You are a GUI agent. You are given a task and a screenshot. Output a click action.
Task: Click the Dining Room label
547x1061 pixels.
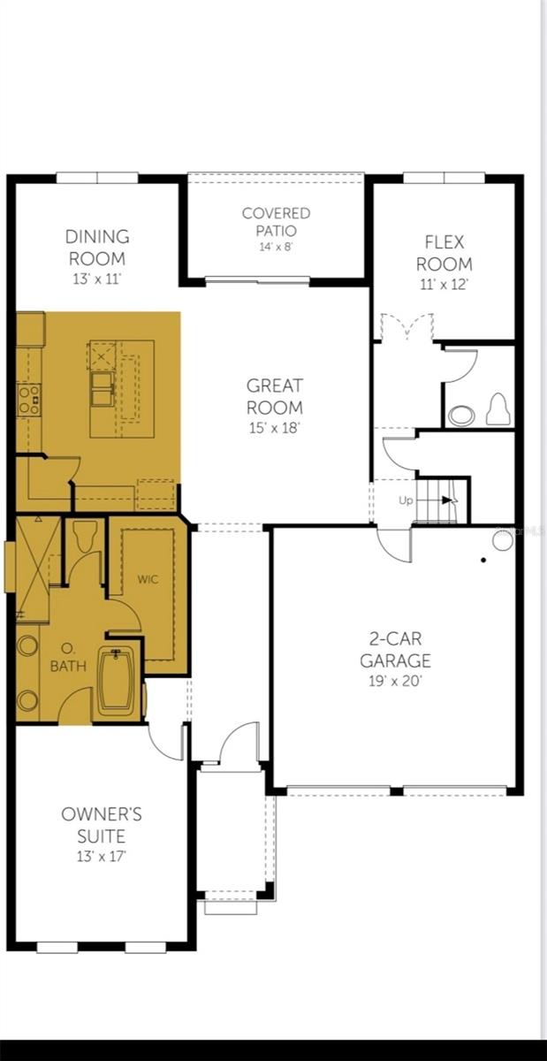click(x=97, y=248)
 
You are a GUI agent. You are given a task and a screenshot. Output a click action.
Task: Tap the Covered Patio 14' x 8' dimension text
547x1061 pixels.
click(x=277, y=247)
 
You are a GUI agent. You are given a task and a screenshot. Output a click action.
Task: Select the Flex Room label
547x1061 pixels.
click(x=444, y=252)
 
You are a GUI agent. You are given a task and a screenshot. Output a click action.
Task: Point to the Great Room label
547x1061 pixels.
click(x=274, y=396)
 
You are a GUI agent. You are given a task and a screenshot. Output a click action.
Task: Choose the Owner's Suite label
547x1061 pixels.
click(x=102, y=825)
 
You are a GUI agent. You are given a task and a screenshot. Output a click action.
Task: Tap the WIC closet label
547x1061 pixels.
click(x=148, y=580)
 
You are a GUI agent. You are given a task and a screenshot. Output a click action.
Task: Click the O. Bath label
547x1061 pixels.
click(x=68, y=660)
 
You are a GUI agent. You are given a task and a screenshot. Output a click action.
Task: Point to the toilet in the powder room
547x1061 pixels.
click(x=498, y=410)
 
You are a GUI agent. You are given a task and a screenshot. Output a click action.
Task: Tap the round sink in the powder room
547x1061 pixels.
click(x=460, y=415)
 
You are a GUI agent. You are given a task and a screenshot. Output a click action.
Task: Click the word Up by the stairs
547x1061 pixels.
click(x=406, y=500)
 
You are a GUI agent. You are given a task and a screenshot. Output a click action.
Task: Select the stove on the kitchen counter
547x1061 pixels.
click(x=29, y=399)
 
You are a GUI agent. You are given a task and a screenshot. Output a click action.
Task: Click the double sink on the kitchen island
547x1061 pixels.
click(x=102, y=389)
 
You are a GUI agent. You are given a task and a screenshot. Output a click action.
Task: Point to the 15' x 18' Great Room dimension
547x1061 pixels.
click(x=274, y=428)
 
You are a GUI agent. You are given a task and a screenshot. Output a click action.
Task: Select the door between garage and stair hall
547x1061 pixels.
click(x=395, y=540)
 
